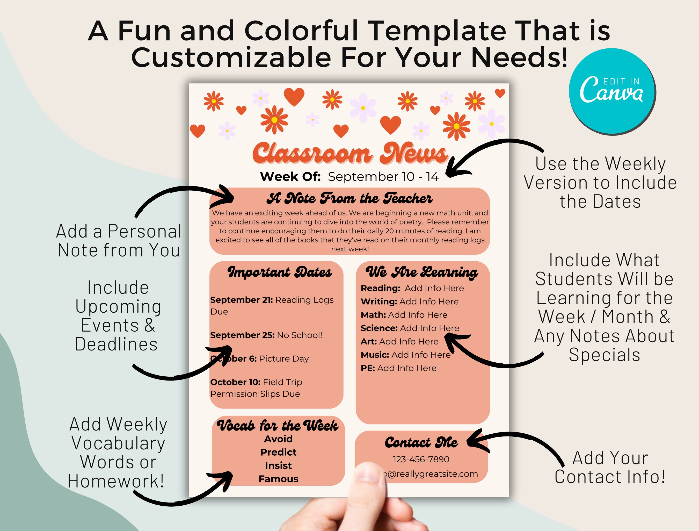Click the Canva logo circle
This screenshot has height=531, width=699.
[x=612, y=91]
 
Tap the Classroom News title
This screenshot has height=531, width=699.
[x=349, y=153]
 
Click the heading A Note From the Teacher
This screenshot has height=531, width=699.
[x=349, y=199]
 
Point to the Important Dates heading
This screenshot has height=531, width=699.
[x=279, y=272]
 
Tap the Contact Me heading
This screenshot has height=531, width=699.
[x=421, y=442]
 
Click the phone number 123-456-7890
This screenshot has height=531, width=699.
[x=421, y=459]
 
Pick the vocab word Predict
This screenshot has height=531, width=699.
[x=278, y=452]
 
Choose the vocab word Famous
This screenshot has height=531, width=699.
[x=278, y=479]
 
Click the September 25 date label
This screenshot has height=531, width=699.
[x=242, y=335]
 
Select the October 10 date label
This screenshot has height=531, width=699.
[x=235, y=382]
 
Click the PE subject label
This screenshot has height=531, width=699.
[x=368, y=368]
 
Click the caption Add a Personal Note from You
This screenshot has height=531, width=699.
[x=119, y=241]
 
